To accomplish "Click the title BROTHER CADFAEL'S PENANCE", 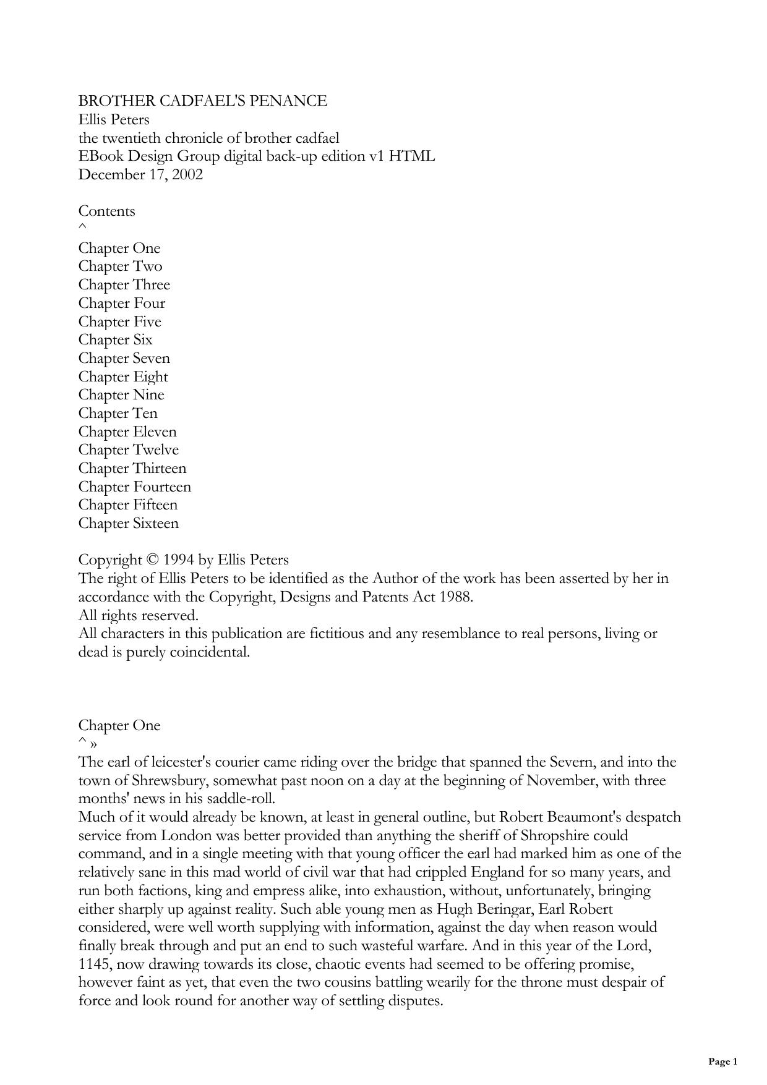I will (202, 101).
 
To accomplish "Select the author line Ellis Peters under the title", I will (114, 119).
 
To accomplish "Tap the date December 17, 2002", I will (140, 174).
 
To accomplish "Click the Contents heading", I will (106, 211).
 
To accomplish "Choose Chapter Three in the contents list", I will (124, 285).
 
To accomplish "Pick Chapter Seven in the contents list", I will (124, 359).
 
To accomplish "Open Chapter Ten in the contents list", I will (118, 414).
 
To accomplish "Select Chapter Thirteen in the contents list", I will (132, 469).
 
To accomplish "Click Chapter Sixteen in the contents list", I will (128, 524).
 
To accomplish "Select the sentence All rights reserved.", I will (138, 616).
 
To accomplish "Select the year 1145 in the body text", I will (93, 964).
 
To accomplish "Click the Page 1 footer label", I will (722, 1062).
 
